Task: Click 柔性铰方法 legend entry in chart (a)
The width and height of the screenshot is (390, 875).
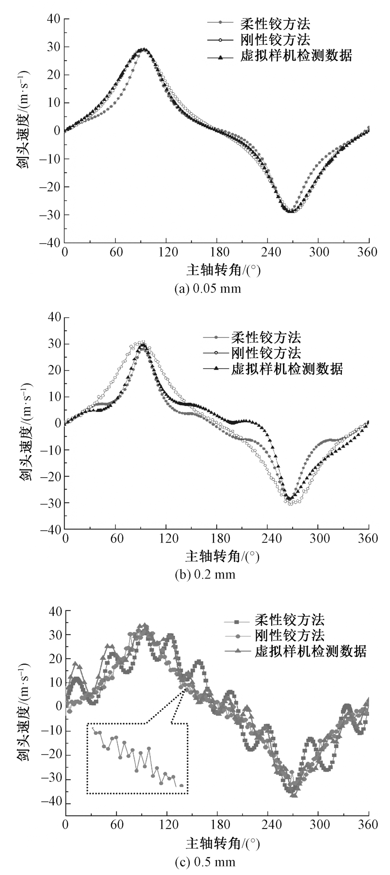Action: click(275, 24)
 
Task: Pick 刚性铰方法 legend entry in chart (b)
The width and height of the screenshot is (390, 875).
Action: click(266, 353)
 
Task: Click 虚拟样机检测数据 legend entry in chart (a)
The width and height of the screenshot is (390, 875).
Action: click(296, 56)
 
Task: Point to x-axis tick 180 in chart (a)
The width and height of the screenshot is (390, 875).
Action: click(217, 252)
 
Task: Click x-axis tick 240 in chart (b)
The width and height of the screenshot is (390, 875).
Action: click(268, 539)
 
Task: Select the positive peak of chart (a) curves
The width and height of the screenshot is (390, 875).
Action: click(144, 50)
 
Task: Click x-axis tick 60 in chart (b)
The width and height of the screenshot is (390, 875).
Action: click(115, 539)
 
